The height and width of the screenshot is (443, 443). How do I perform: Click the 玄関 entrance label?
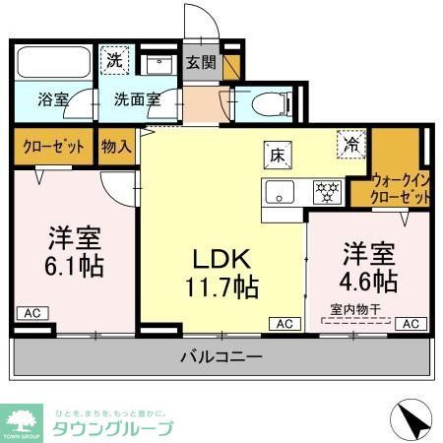tap(201, 62)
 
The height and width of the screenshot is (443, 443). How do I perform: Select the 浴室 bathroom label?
tap(53, 99)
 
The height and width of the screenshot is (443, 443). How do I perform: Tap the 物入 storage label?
tap(117, 146)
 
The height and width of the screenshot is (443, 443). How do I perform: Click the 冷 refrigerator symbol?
tap(350, 144)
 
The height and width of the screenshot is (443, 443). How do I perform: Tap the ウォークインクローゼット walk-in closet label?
tap(402, 189)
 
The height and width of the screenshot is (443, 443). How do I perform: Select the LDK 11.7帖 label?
tap(224, 272)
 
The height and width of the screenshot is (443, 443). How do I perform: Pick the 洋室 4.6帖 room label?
tap(370, 267)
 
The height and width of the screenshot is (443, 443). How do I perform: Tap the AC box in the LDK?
tap(284, 323)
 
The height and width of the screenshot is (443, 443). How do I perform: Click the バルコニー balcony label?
tap(221, 355)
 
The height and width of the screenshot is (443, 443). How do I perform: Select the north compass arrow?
tap(412, 420)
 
